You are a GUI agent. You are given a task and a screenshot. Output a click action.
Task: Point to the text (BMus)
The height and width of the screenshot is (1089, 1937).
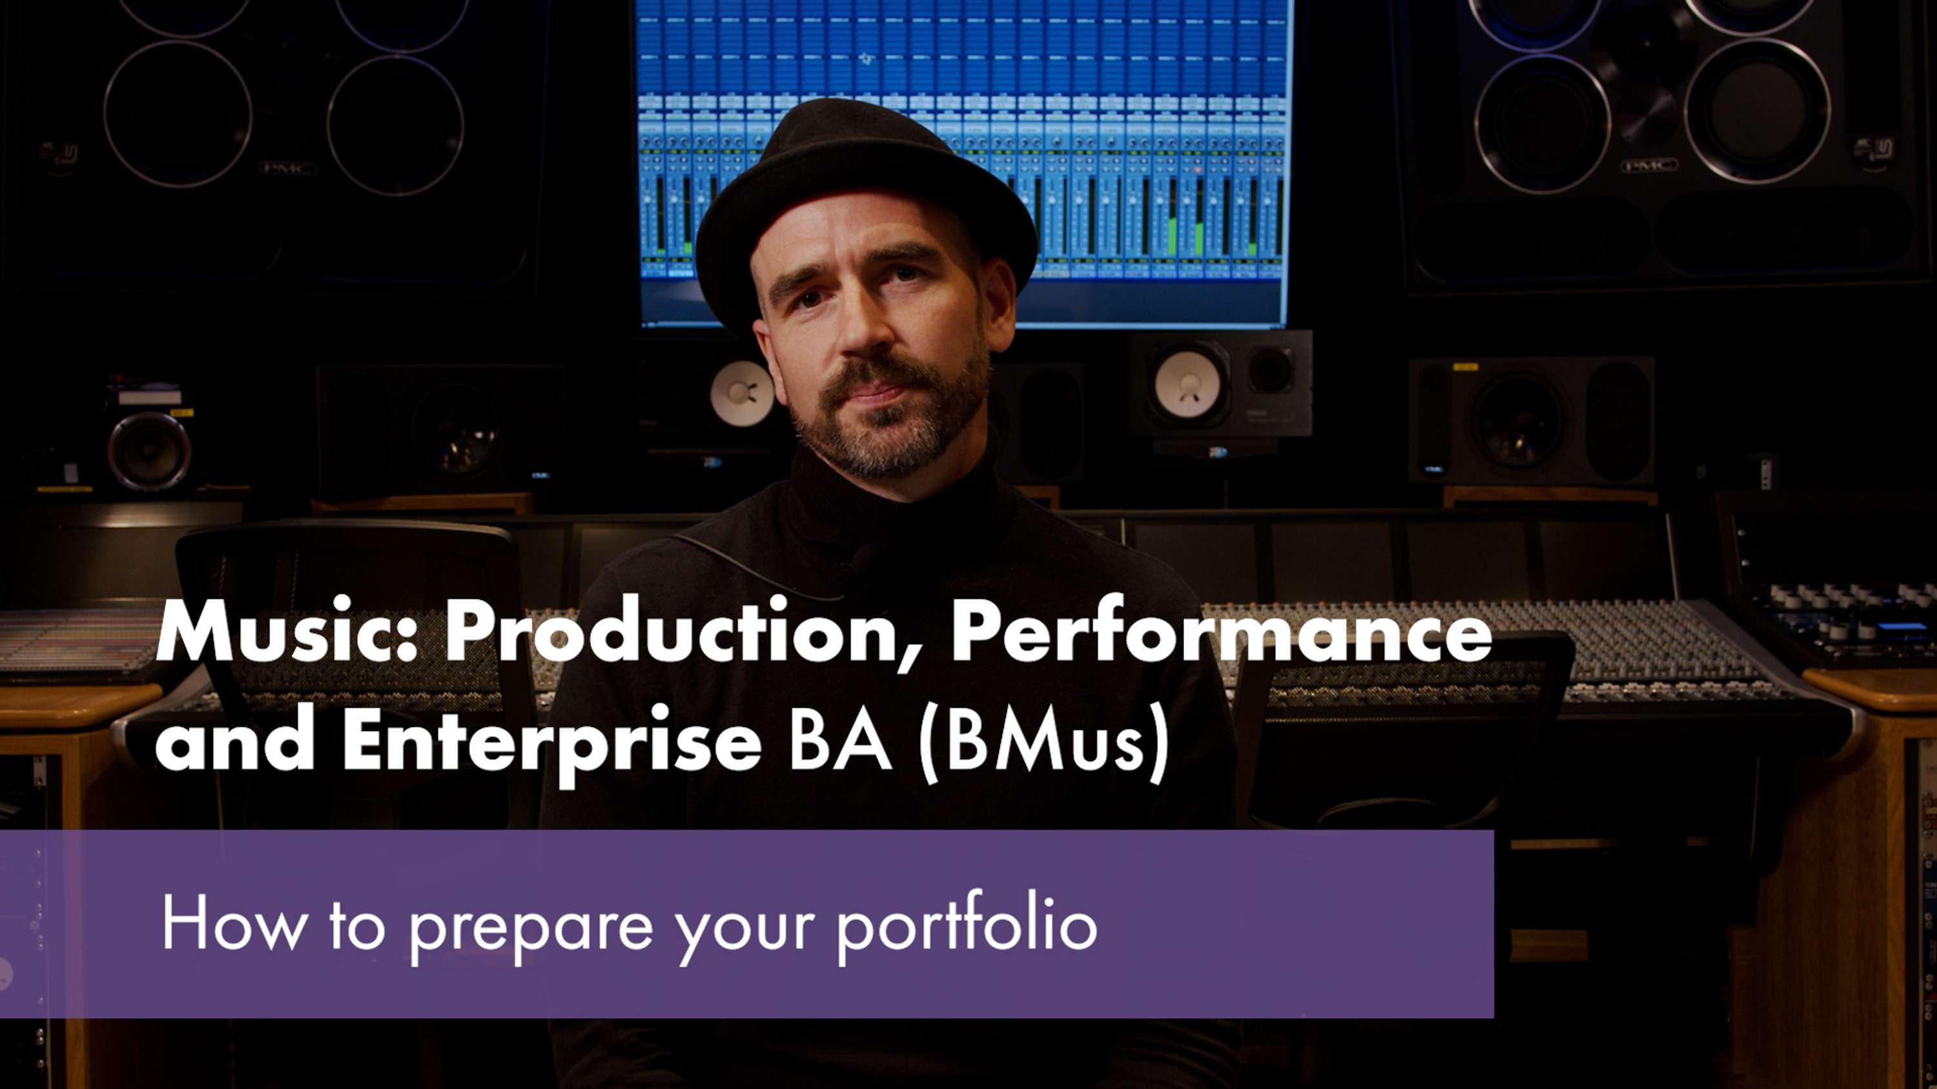click(1043, 743)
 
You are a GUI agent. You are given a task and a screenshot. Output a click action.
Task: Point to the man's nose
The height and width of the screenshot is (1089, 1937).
click(865, 331)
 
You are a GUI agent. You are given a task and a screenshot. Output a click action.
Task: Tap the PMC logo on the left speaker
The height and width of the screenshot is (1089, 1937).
click(288, 168)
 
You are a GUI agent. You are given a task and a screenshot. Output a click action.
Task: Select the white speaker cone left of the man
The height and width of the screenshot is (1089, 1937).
click(741, 393)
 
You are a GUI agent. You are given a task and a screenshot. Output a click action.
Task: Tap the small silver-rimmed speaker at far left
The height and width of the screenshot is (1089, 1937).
click(149, 450)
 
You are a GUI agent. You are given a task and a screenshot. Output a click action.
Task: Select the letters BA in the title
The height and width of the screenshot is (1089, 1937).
click(841, 741)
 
